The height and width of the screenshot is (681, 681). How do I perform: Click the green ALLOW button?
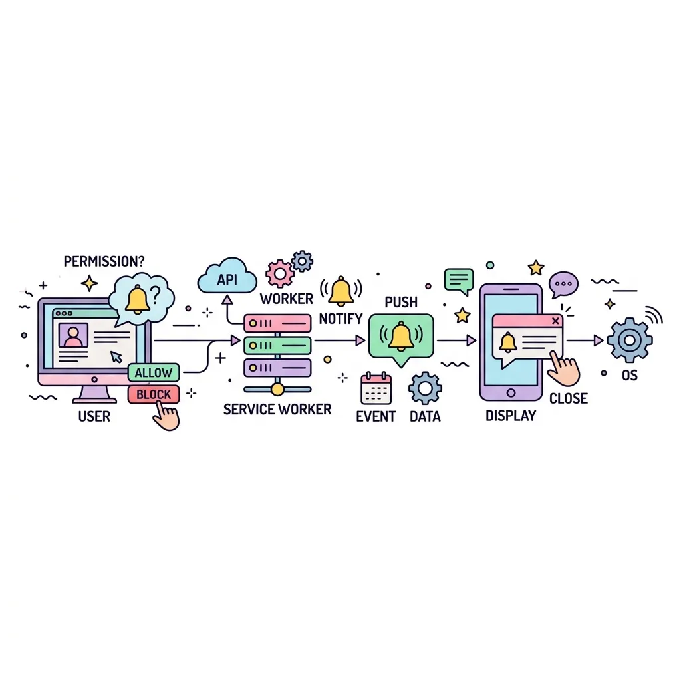(x=154, y=372)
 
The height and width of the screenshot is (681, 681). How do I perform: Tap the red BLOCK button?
(x=154, y=394)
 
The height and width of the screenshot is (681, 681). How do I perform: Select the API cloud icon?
(x=227, y=276)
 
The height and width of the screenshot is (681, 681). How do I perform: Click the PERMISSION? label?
(x=104, y=261)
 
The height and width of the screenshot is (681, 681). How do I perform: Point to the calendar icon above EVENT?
(x=376, y=388)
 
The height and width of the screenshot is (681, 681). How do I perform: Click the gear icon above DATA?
(x=425, y=388)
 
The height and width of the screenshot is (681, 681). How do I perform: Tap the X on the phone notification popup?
(x=555, y=321)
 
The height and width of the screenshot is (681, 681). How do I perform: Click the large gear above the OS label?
(x=629, y=340)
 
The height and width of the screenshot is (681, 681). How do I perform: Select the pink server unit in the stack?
(x=277, y=323)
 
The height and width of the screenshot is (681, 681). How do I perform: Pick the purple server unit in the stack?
(x=277, y=368)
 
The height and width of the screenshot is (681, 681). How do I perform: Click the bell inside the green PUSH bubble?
(x=401, y=336)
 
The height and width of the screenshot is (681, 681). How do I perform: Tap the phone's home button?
(x=511, y=393)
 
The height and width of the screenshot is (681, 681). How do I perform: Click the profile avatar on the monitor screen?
(x=73, y=335)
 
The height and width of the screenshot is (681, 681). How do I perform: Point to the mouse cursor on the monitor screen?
(x=116, y=356)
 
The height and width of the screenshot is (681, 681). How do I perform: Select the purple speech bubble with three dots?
(x=563, y=285)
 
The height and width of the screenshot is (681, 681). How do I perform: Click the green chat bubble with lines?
(x=459, y=281)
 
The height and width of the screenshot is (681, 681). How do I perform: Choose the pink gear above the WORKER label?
(x=280, y=273)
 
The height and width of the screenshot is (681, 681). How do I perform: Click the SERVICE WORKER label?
(x=277, y=409)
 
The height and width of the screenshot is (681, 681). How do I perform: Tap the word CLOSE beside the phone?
(x=569, y=398)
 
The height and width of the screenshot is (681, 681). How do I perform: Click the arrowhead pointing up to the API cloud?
(x=227, y=300)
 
